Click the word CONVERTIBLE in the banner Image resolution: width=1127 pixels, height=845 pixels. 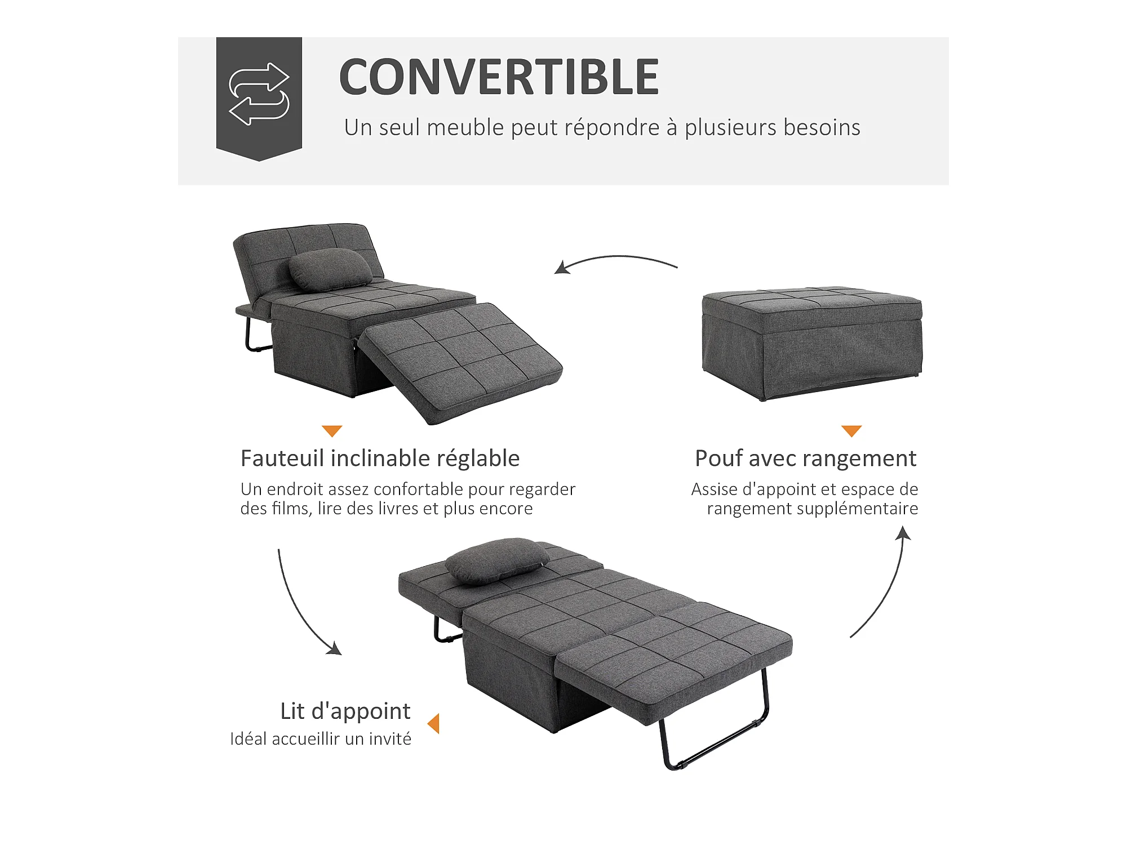pos(499,77)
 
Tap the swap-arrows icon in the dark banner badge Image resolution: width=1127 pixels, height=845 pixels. pos(259,94)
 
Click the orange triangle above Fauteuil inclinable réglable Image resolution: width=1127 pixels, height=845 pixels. pos(332,431)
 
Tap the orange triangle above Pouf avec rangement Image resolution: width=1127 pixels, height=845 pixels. pos(851,431)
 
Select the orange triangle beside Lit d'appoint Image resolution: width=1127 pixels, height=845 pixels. pos(433,723)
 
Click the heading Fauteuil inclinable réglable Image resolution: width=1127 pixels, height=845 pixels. pos(380,459)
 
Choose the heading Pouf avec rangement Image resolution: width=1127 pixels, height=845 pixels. pos(806,459)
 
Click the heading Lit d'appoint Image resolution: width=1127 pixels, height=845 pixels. pos(345,711)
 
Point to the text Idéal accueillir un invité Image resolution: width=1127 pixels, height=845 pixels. pos(321,739)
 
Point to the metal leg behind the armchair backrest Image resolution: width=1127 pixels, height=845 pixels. pos(251,332)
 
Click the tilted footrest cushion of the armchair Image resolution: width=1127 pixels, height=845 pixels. pos(460,363)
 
